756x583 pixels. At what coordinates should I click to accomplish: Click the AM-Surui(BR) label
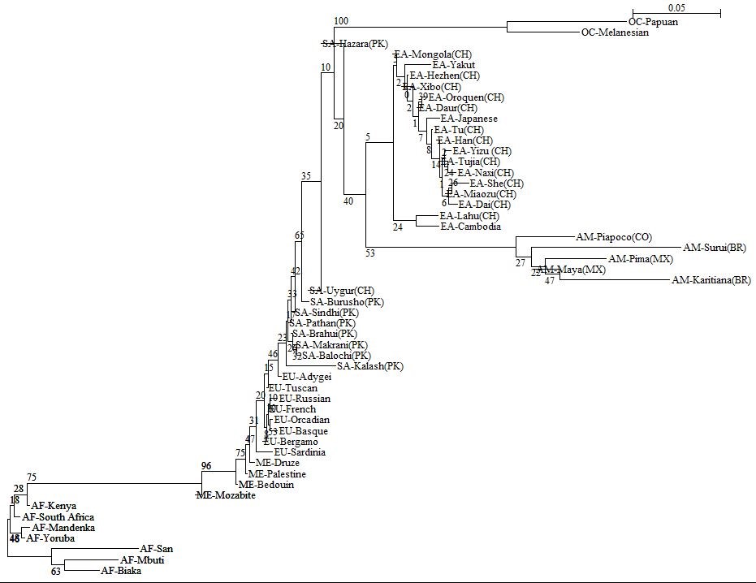click(715, 247)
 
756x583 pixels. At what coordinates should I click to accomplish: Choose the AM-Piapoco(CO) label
click(614, 237)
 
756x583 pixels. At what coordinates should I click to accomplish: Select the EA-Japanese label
click(469, 119)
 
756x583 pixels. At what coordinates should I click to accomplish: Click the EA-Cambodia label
click(470, 227)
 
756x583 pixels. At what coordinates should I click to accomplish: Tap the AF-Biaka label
click(121, 571)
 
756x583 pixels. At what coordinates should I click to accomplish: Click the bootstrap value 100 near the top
click(341, 20)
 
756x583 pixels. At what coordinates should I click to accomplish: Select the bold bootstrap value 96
click(206, 466)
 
